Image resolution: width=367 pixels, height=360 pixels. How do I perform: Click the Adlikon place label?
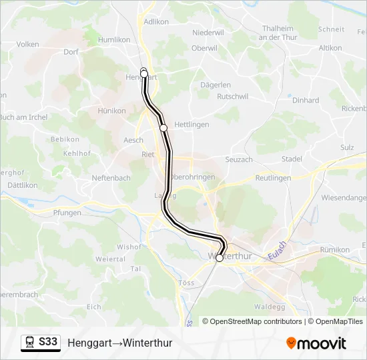tap(155, 21)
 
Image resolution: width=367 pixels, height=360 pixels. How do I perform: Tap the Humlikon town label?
tap(114, 40)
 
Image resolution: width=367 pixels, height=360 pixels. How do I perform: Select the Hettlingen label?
tap(192, 125)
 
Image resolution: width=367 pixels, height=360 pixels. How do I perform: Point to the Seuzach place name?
tap(239, 159)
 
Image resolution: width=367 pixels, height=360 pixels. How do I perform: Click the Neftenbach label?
tap(111, 179)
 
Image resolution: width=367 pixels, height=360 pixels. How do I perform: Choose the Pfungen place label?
tap(67, 213)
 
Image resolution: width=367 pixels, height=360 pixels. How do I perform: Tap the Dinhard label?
tap(306, 101)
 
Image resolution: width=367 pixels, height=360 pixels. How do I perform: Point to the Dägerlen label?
tap(216, 85)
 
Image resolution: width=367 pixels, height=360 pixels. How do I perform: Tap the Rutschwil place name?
tap(233, 97)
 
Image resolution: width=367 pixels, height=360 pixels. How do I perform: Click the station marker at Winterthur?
tap(220, 258)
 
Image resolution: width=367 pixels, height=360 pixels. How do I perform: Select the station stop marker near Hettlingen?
tap(163, 128)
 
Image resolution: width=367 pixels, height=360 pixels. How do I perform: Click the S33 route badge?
tap(48, 342)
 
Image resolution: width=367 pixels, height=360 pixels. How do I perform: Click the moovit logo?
tap(316, 343)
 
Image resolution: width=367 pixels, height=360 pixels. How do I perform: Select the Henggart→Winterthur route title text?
tap(120, 343)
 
